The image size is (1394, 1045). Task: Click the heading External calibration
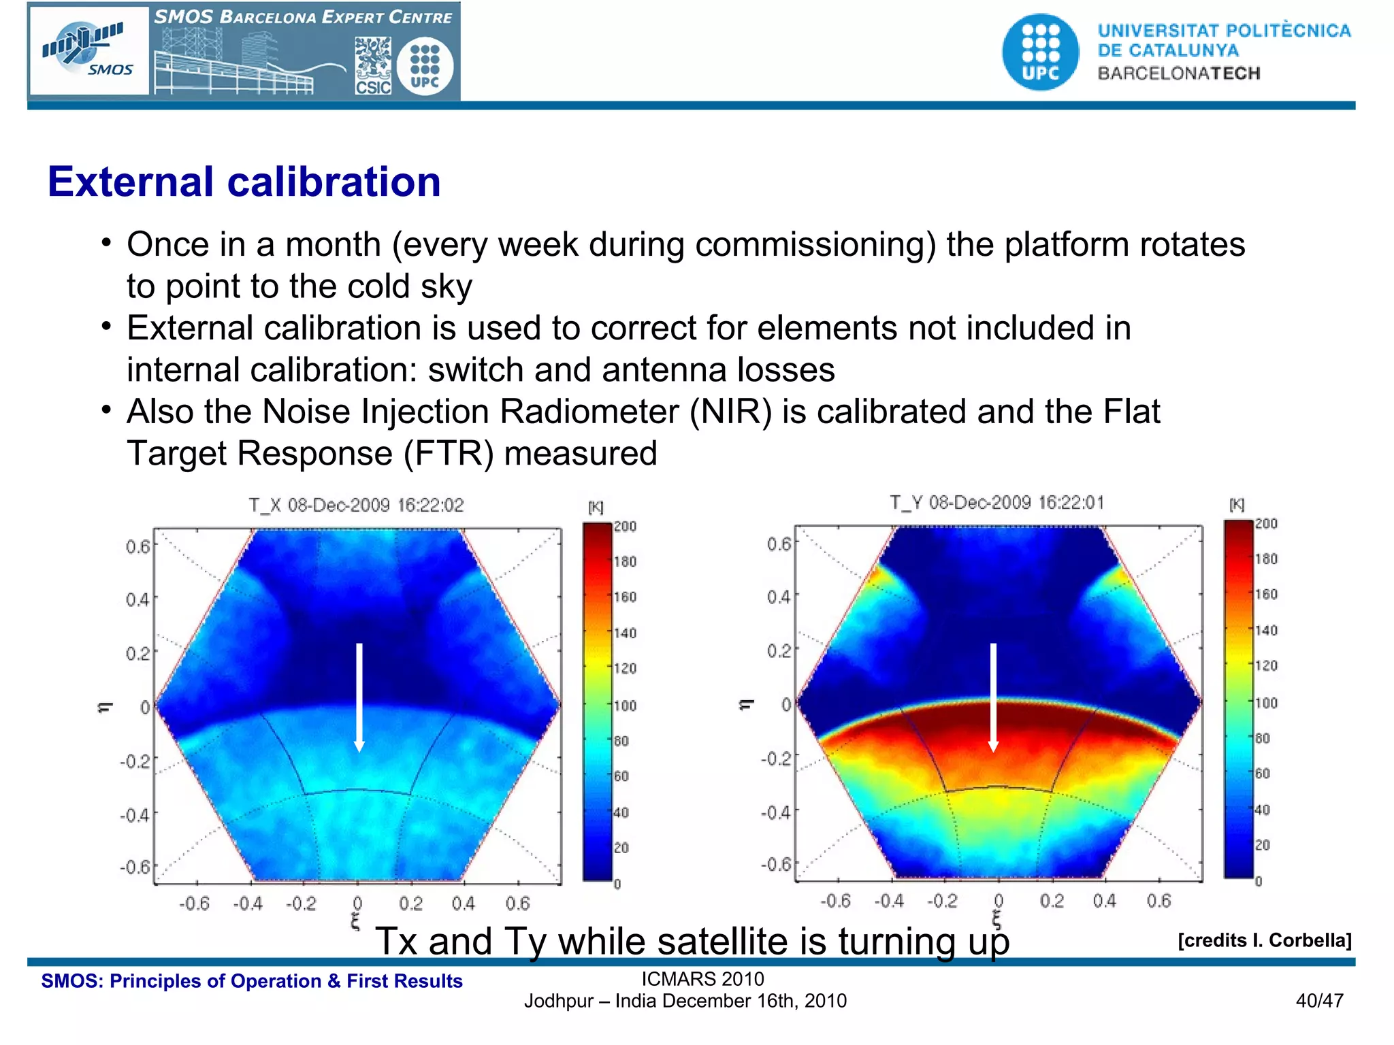pos(244,182)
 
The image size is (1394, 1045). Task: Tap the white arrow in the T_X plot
pos(359,697)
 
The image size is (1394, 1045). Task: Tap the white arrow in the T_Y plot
pos(993,697)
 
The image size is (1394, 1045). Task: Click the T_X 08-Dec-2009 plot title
pos(355,505)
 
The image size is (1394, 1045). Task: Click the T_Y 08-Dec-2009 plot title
pos(996,503)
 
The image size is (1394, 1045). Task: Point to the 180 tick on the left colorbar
pos(625,562)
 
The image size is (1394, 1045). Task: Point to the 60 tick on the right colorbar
pos(1263,774)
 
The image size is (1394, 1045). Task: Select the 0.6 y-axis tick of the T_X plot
pos(137,547)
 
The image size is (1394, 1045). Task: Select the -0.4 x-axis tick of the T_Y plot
pos(889,901)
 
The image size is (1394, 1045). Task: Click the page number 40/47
pos(1319,1001)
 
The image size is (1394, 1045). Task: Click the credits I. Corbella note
pos(1264,940)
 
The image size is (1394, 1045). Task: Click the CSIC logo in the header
pos(373,66)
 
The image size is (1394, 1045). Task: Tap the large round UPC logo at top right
pos(1040,52)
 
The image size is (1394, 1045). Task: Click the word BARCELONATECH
pos(1178,73)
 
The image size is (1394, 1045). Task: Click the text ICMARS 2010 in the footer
pos(702,979)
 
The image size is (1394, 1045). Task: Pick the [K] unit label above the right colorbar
pos(1237,505)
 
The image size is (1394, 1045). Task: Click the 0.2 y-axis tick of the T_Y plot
pos(779,651)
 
